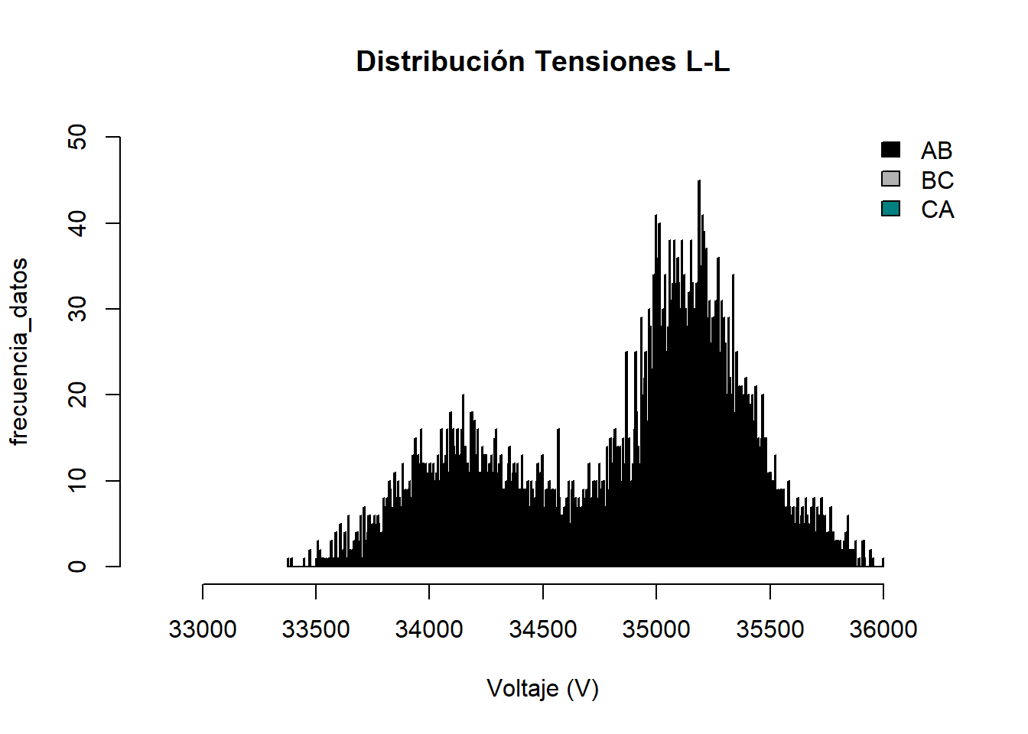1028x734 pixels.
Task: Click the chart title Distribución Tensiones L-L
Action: (543, 61)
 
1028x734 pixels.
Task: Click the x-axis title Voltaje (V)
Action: (542, 688)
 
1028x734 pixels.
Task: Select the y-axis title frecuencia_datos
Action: (20, 351)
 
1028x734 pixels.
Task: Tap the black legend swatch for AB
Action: (890, 150)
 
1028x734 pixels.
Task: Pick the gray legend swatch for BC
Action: (890, 179)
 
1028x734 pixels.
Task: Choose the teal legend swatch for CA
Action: (890, 209)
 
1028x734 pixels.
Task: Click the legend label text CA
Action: (937, 209)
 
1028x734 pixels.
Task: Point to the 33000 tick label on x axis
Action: (203, 629)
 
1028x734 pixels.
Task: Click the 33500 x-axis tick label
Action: (316, 629)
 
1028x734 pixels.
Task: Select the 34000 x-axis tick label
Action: (429, 629)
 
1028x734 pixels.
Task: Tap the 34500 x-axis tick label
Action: (542, 629)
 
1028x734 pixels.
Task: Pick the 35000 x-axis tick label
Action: (656, 629)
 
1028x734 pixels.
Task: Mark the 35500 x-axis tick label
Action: (769, 629)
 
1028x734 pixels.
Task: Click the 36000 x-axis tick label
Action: (883, 629)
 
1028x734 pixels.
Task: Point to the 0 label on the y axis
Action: (77, 567)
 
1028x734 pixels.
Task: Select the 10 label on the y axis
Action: (77, 480)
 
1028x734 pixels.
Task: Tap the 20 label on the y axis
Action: (77, 395)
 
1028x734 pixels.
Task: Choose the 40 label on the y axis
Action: (77, 223)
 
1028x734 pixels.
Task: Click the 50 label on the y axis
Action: (77, 138)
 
